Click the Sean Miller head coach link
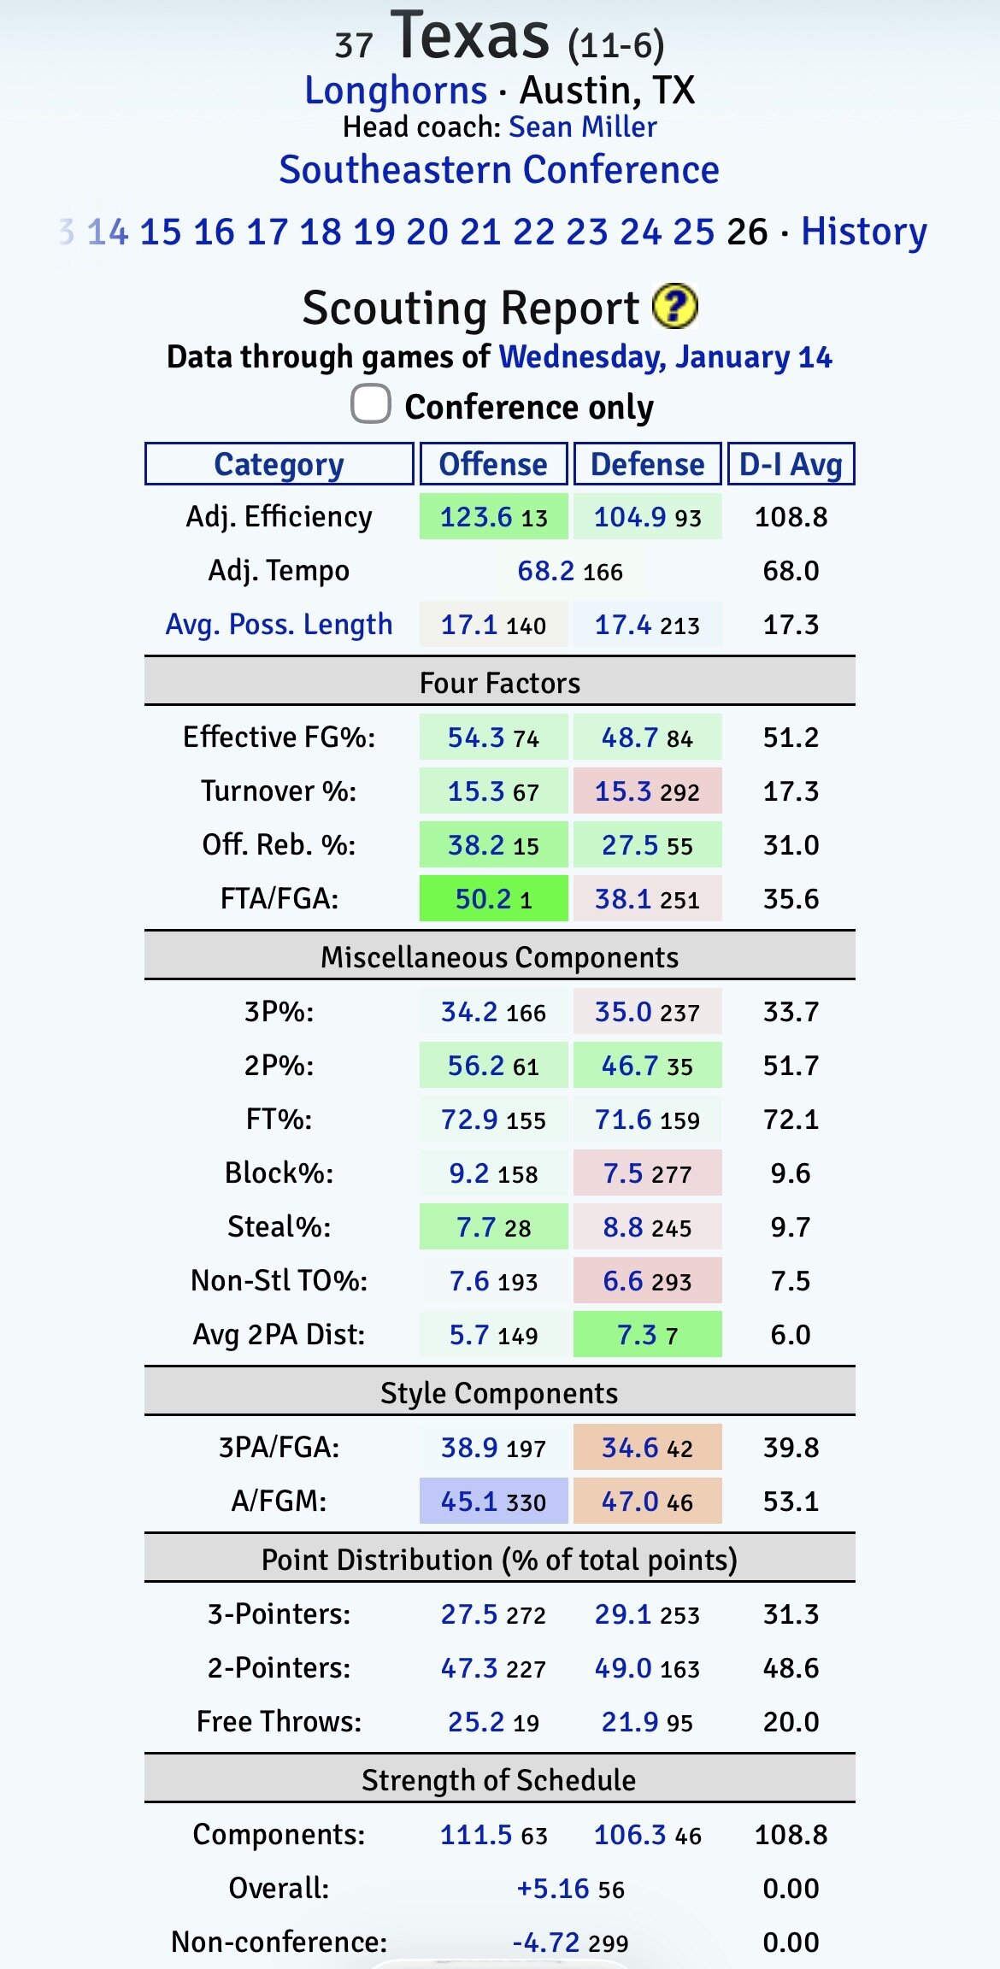click(x=583, y=127)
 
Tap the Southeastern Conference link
click(x=499, y=169)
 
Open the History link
click(x=863, y=232)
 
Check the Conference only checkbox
click(x=371, y=404)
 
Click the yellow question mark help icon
click(x=675, y=306)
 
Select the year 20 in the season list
click(x=427, y=232)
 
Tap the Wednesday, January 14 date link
click(x=665, y=356)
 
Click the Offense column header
click(x=493, y=464)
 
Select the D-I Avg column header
click(x=791, y=464)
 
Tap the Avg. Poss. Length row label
click(x=279, y=625)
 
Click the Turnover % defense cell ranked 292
click(x=647, y=791)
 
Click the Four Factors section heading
click(x=499, y=683)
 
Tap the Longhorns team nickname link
click(x=396, y=91)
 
